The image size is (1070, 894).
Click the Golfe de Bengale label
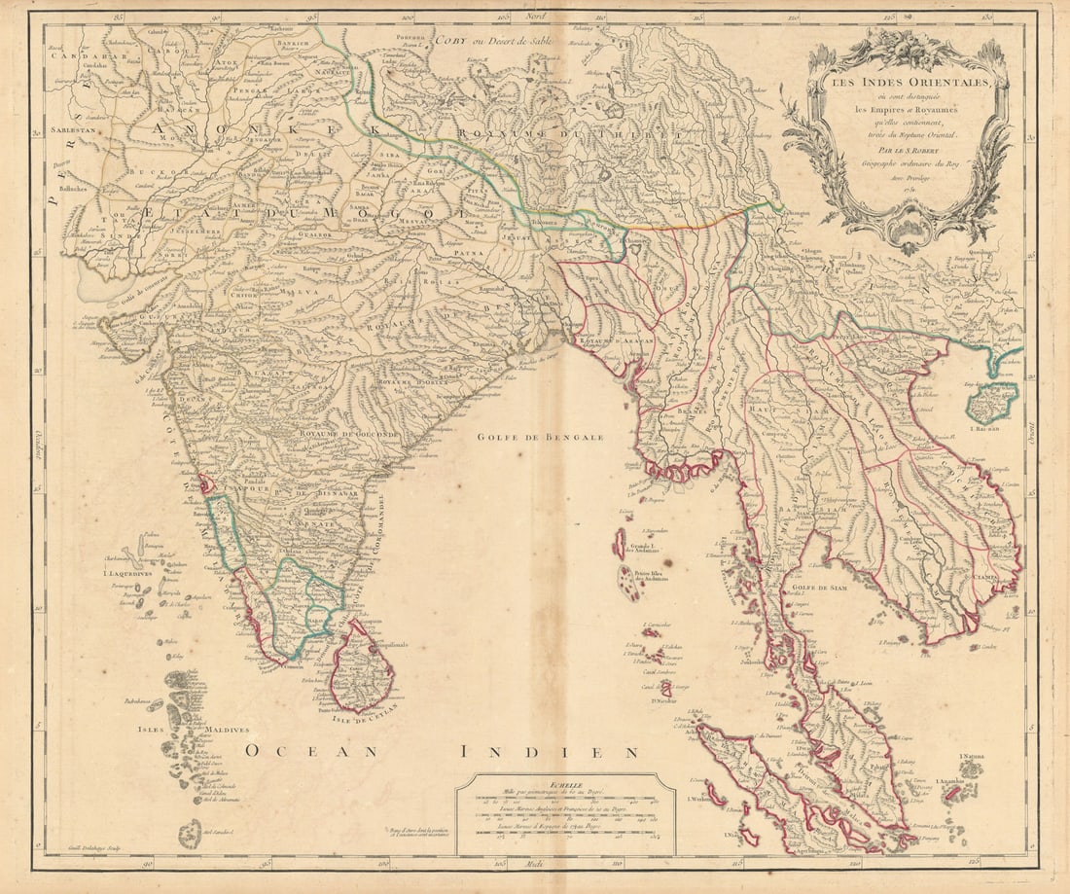click(x=540, y=437)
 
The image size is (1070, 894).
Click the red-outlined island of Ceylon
click(x=363, y=667)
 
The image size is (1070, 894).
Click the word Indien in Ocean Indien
click(x=550, y=751)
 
